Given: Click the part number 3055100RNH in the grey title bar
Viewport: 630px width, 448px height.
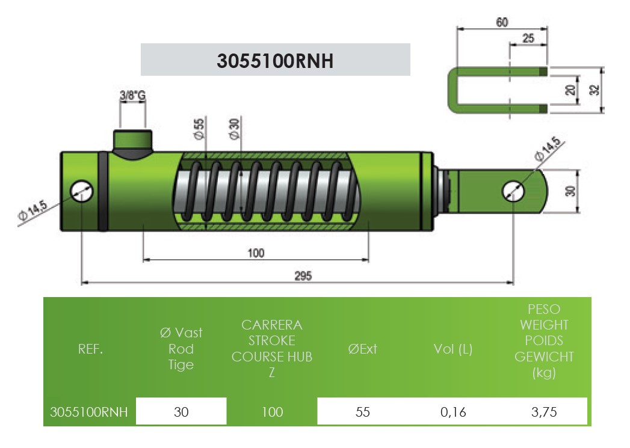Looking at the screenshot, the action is pyautogui.click(x=275, y=61).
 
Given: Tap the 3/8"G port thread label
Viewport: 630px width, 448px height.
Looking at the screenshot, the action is pyautogui.click(x=132, y=95).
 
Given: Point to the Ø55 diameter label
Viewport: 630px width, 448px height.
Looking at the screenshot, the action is pyautogui.click(x=199, y=129).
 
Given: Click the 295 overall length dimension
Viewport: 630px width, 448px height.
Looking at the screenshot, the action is pyautogui.click(x=303, y=276).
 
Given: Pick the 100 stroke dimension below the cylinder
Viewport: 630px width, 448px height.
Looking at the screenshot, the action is pyautogui.click(x=256, y=253).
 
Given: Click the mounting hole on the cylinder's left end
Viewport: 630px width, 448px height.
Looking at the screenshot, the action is pyautogui.click(x=82, y=191).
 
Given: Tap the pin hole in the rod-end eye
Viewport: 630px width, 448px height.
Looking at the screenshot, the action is pyautogui.click(x=513, y=191).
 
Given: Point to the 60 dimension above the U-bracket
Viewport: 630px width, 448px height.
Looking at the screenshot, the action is pyautogui.click(x=502, y=22).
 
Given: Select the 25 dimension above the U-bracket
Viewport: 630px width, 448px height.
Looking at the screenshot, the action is pyautogui.click(x=528, y=38).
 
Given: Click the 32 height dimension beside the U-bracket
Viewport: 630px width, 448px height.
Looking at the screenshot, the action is pyautogui.click(x=594, y=90).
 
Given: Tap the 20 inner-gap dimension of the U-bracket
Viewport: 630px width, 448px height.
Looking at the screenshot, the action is pyautogui.click(x=570, y=90).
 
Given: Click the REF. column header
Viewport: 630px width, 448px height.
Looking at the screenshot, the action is pyautogui.click(x=90, y=349).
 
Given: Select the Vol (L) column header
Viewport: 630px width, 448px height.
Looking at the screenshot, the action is pyautogui.click(x=453, y=349).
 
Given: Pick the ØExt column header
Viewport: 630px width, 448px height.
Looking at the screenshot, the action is pyautogui.click(x=362, y=349).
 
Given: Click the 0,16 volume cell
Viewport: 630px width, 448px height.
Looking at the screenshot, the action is pyautogui.click(x=453, y=412).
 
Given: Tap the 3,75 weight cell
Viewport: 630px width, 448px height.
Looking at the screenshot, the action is pyautogui.click(x=544, y=412).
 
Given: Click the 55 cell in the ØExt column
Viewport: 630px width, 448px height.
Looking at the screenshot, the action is pyautogui.click(x=362, y=412).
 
